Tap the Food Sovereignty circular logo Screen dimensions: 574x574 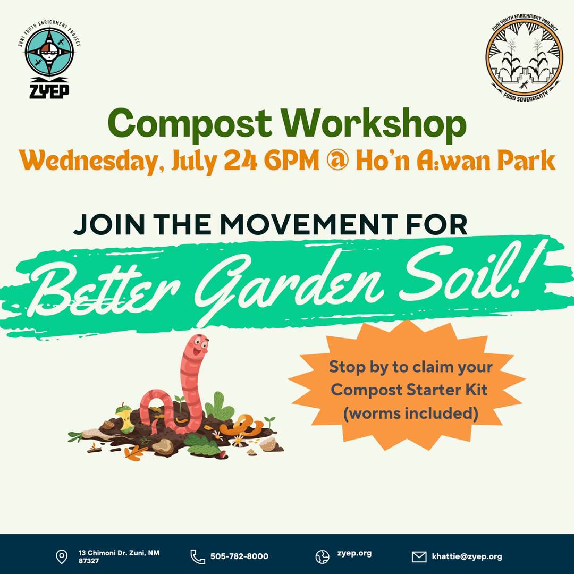pos(524,58)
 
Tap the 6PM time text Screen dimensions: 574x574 pos(292,161)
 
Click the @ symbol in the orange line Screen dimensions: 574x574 pos(337,161)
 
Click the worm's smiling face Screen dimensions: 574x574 pos(199,346)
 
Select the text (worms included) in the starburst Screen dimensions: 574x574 pos(410,413)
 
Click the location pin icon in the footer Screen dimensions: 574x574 pos(62,556)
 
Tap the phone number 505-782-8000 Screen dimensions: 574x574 pos(239,556)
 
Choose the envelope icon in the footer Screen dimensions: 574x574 pos(419,557)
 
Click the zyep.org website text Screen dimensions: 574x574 pos(354,554)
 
